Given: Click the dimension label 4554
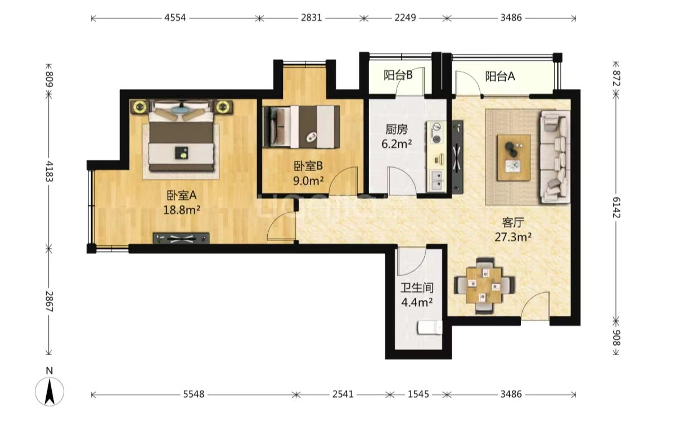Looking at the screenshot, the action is (175, 18).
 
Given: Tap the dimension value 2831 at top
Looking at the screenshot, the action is (312, 18).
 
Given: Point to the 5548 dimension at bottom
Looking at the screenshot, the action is (193, 394).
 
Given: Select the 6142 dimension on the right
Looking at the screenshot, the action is (616, 207).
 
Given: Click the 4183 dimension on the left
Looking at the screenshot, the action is (49, 171).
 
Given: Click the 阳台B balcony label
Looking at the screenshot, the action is (398, 75).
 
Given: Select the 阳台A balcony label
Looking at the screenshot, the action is (500, 76).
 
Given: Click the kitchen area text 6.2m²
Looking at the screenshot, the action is (397, 144).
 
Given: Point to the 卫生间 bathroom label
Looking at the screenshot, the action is (417, 288).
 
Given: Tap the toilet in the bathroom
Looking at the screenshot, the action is (430, 328).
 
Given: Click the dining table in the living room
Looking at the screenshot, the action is (484, 285).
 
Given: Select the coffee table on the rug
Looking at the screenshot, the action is (514, 158).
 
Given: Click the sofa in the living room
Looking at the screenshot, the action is (555, 157).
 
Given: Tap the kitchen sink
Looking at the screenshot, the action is (436, 180).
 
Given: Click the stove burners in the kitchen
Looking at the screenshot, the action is (436, 133).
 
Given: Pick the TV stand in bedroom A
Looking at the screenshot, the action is (181, 239).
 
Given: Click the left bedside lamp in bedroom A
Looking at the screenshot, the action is (140, 107).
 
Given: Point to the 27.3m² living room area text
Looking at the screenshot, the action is (513, 237).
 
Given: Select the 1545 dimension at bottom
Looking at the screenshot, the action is (418, 394).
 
